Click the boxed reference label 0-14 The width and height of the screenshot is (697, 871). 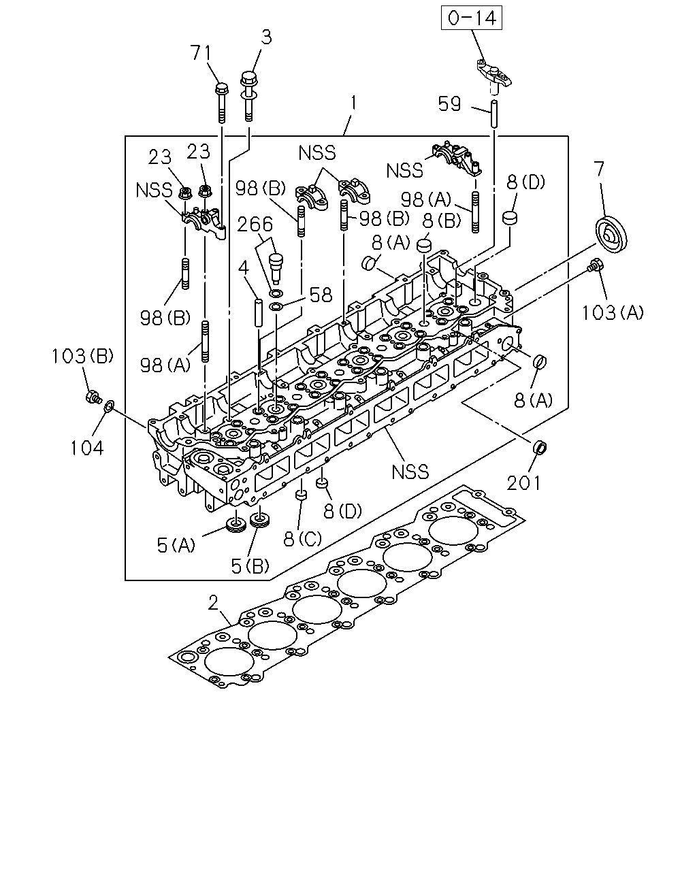point(472,18)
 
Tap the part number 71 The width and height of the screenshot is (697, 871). point(201,53)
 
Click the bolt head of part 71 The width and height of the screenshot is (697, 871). point(221,88)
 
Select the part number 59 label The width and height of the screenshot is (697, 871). point(449,103)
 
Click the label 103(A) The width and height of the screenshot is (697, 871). point(613,313)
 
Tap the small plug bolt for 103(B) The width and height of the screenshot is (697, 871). point(92,396)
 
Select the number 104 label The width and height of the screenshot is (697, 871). point(87,448)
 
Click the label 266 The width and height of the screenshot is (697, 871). point(255,225)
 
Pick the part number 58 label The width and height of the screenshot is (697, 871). point(321,295)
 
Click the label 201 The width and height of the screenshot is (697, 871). point(523,483)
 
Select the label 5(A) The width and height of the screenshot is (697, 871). point(176,546)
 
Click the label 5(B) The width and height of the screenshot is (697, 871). point(250,566)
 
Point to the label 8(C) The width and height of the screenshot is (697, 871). point(302,538)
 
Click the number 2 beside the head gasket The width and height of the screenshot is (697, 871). point(214,604)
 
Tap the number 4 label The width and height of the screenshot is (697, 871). point(243,267)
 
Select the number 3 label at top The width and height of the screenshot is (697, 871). point(266,37)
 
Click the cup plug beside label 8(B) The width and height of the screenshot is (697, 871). point(424,244)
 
